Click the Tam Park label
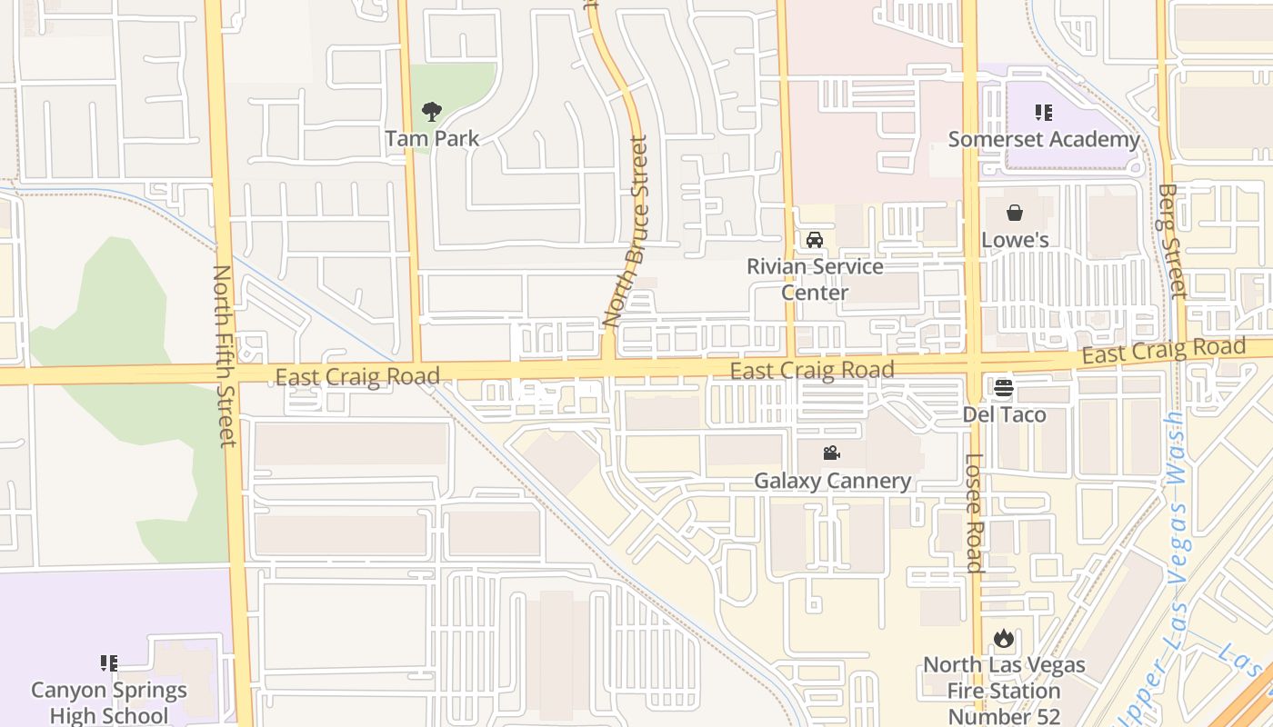coord(431,139)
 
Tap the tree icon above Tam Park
coord(431,113)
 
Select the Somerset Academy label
coord(1043,139)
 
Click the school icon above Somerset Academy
coord(1043,113)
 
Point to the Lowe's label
coord(1015,240)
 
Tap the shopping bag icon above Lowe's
coord(1015,214)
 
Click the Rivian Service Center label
coord(815,279)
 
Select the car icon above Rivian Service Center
coord(815,240)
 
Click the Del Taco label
coord(1004,415)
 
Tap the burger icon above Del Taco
coord(1004,388)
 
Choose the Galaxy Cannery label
coord(832,481)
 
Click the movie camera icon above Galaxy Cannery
coord(831,453)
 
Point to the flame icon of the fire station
coord(1004,638)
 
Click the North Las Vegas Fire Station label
coord(1004,690)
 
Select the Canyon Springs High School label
coord(109,702)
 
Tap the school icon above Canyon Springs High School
coord(109,663)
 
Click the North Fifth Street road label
coord(224,355)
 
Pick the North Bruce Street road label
coord(627,232)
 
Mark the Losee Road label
coord(974,513)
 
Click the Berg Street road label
coord(1173,241)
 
